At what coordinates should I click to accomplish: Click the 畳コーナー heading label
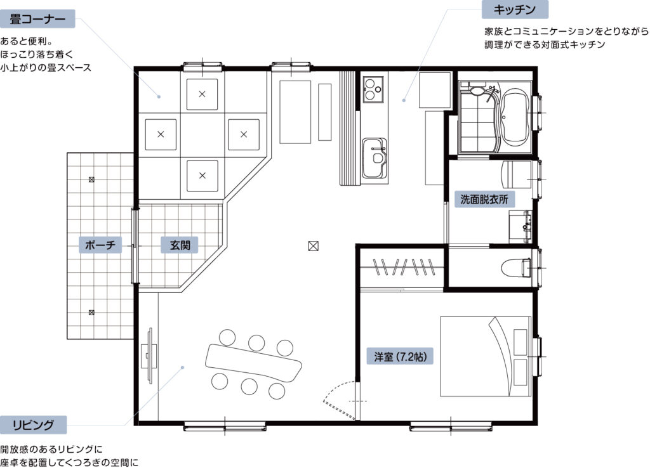(x=37, y=19)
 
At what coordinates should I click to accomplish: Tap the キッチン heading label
(x=514, y=10)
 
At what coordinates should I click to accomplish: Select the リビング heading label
(x=33, y=425)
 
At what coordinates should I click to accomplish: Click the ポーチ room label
(x=100, y=245)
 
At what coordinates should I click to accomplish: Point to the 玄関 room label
(x=180, y=245)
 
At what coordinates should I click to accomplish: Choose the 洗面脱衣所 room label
(x=484, y=199)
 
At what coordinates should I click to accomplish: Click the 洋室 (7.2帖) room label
(x=400, y=356)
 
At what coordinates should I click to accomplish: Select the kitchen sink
(x=375, y=158)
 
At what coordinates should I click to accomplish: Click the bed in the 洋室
(x=486, y=356)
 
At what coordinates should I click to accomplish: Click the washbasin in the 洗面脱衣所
(x=521, y=226)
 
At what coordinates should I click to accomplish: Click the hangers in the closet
(x=403, y=267)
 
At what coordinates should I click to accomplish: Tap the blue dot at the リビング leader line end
(x=182, y=367)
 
